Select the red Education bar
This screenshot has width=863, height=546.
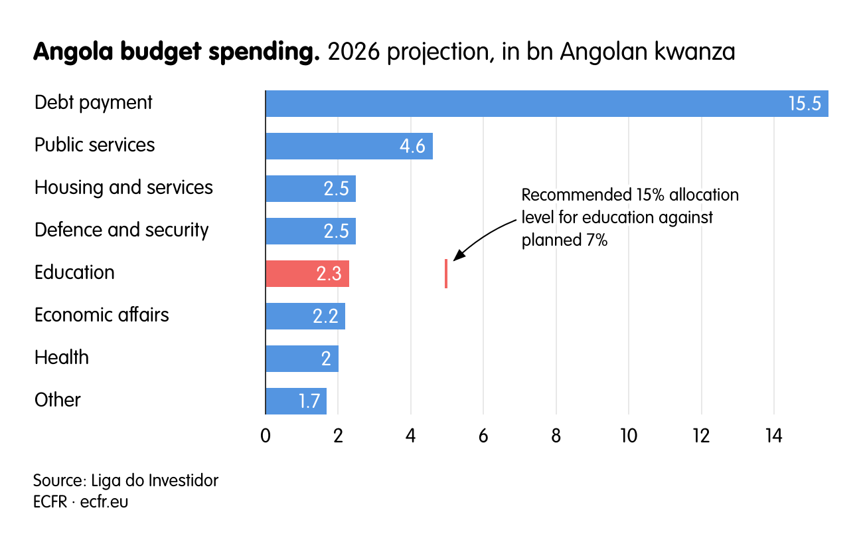pos(292,274)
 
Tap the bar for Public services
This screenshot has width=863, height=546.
pos(332,146)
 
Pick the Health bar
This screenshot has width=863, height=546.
pos(292,359)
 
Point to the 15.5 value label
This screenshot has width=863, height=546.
pos(805,104)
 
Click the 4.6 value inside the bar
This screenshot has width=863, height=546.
pos(412,147)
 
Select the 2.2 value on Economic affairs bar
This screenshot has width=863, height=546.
pos(325,317)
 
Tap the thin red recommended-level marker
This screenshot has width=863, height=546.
pos(446,274)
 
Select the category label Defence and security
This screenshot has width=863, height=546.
pos(121,230)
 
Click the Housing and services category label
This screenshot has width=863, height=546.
pos(123,187)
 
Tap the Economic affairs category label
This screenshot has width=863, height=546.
pos(102,315)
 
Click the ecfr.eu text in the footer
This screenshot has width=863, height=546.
pos(104,501)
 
